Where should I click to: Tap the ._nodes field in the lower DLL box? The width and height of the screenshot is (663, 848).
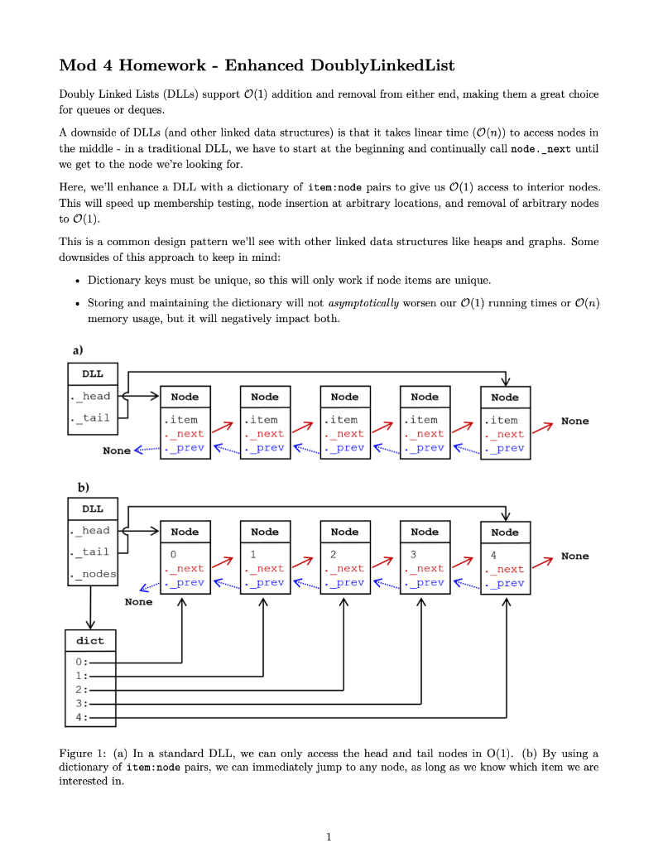click(94, 574)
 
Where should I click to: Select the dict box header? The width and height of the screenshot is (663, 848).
click(90, 640)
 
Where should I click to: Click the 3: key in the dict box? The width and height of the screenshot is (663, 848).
click(81, 703)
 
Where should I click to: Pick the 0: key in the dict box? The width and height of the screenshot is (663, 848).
click(81, 662)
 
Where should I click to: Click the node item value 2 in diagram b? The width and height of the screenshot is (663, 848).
click(333, 553)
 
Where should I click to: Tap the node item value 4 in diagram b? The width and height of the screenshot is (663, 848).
click(493, 554)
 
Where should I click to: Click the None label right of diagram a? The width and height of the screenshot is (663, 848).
click(574, 421)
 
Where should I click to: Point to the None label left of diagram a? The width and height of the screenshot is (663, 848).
click(117, 450)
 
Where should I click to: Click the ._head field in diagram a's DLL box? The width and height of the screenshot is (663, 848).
click(92, 396)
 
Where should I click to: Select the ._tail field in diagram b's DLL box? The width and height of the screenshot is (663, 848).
click(92, 552)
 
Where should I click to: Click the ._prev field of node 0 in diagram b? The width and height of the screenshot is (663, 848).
click(185, 582)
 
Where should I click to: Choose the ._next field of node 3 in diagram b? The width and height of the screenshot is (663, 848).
click(425, 569)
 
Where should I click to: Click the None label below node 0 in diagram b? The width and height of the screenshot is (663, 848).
click(138, 602)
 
